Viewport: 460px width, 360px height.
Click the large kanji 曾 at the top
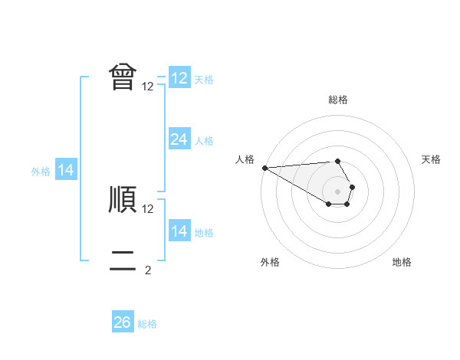tap(123, 77)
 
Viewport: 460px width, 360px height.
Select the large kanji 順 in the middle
tap(123, 198)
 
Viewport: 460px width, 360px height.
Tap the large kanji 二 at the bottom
tap(123, 260)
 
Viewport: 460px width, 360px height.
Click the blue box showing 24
tap(179, 139)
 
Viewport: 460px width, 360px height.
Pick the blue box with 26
tap(122, 322)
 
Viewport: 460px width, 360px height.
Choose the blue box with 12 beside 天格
tap(179, 78)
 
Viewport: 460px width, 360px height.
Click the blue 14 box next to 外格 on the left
tap(66, 170)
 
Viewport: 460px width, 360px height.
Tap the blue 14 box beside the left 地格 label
tap(179, 231)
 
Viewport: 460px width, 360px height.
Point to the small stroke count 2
tap(148, 270)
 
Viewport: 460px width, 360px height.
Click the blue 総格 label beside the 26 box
tap(147, 324)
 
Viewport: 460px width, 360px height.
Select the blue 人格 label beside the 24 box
tap(204, 141)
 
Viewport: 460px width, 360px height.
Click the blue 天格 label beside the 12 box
tap(204, 80)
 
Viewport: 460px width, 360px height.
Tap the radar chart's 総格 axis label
tap(337, 100)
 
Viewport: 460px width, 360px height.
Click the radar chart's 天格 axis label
tap(431, 159)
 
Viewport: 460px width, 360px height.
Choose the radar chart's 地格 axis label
tap(402, 262)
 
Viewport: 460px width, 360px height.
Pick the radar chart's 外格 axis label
tap(270, 262)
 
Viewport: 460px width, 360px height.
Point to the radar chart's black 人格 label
tap(245, 159)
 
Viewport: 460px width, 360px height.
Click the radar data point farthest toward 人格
tap(264, 168)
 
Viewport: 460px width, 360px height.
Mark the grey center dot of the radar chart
tap(337, 191)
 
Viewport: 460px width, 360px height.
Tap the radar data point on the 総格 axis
tap(337, 161)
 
